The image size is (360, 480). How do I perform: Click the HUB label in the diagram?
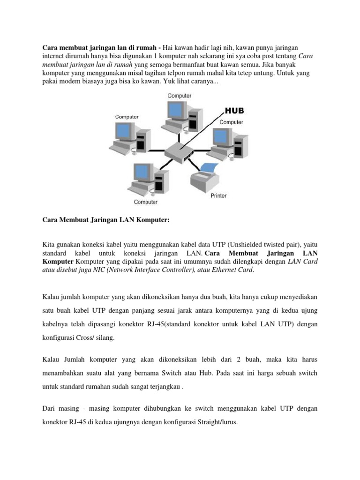(x=234, y=111)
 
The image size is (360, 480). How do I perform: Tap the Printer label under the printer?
(x=216, y=195)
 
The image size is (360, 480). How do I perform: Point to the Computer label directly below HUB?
(x=232, y=122)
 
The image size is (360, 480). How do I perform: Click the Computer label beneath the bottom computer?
(x=146, y=202)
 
